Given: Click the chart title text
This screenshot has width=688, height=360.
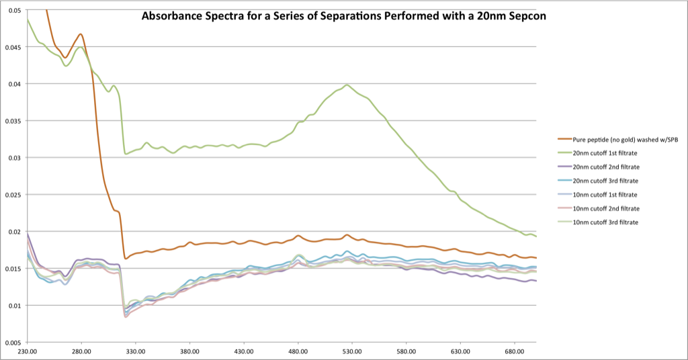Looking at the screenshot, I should pyautogui.click(x=343, y=15).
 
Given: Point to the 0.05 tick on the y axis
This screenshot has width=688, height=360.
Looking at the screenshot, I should pyautogui.click(x=13, y=10).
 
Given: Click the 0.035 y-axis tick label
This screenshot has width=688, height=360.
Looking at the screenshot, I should pyautogui.click(x=12, y=121).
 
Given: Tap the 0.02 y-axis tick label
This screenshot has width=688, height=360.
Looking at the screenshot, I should pyautogui.click(x=13, y=232).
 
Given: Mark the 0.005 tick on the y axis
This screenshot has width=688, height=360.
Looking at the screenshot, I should pyautogui.click(x=12, y=343).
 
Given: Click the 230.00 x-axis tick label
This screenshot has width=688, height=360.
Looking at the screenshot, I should pyautogui.click(x=28, y=351).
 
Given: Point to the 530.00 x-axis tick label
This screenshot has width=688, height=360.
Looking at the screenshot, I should pyautogui.click(x=352, y=351).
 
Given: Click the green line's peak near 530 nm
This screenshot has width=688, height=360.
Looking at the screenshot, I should pyautogui.click(x=347, y=85).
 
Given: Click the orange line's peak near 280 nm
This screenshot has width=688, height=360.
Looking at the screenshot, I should pyautogui.click(x=81, y=34).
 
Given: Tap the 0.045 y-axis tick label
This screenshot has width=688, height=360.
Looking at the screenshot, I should pyautogui.click(x=12, y=47).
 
